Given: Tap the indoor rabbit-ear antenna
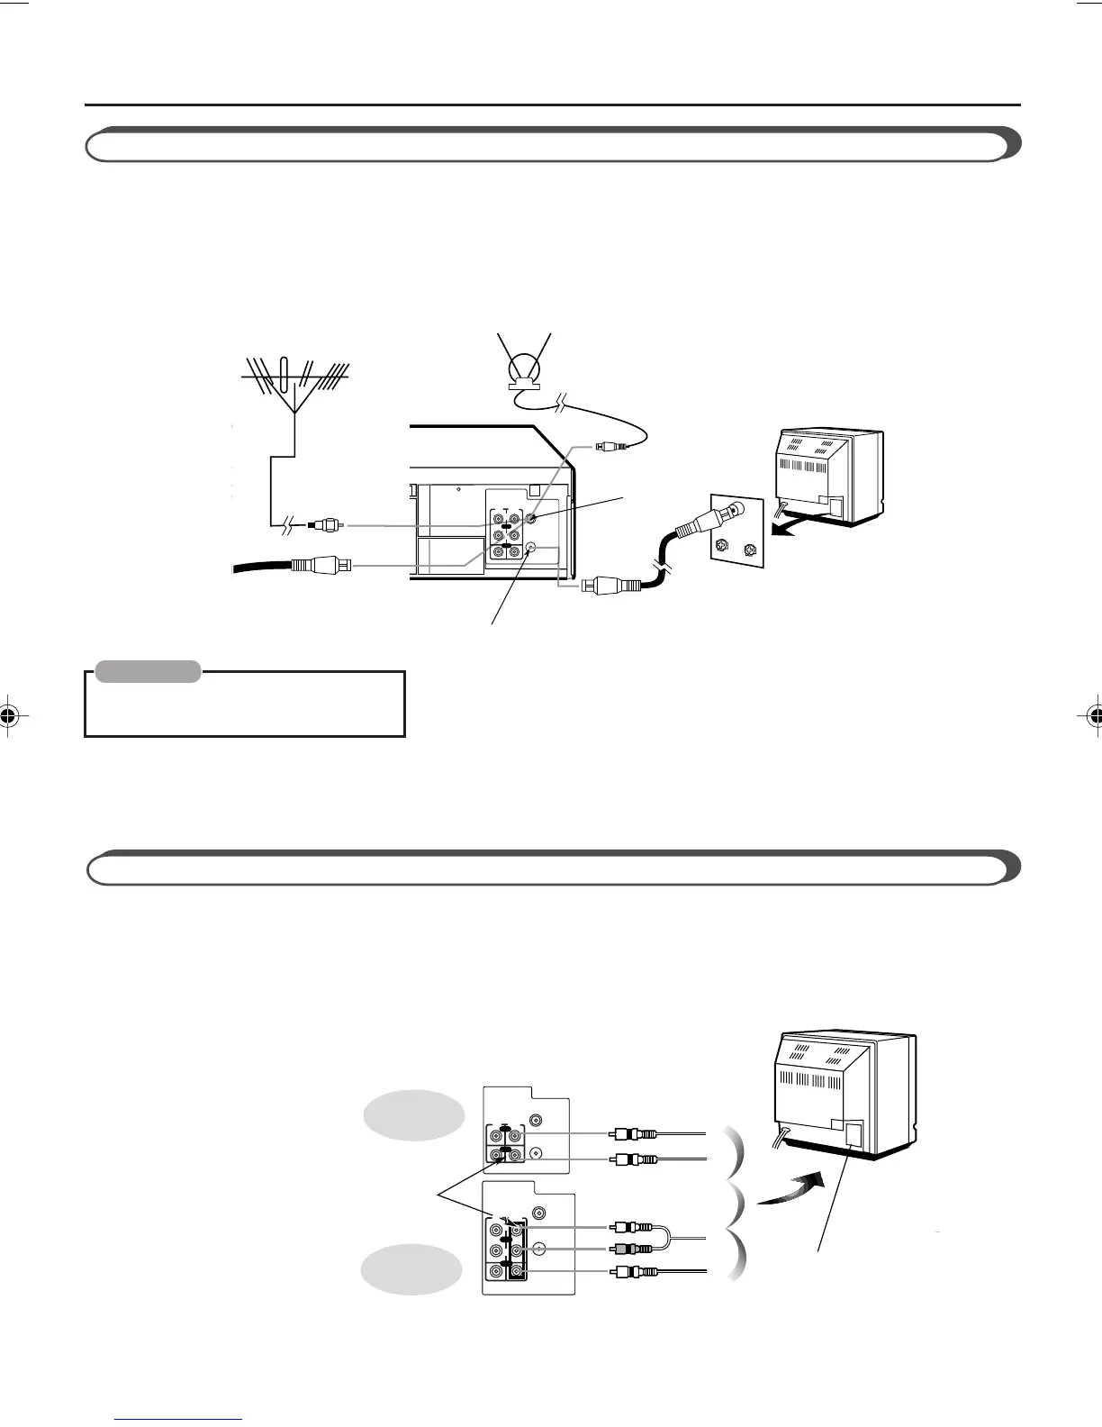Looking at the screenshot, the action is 523,366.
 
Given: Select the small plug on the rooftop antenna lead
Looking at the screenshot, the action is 326,524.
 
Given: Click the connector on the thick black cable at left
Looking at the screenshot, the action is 316,566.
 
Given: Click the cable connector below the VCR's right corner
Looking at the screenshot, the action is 611,584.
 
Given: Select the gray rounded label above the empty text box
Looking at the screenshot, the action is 148,671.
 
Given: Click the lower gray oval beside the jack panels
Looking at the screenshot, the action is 406,1268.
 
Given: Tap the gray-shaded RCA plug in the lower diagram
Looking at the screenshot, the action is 630,1249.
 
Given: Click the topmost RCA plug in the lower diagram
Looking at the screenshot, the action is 632,1134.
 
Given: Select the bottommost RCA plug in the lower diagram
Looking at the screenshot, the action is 632,1272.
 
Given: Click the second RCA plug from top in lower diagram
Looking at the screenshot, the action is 632,1159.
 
